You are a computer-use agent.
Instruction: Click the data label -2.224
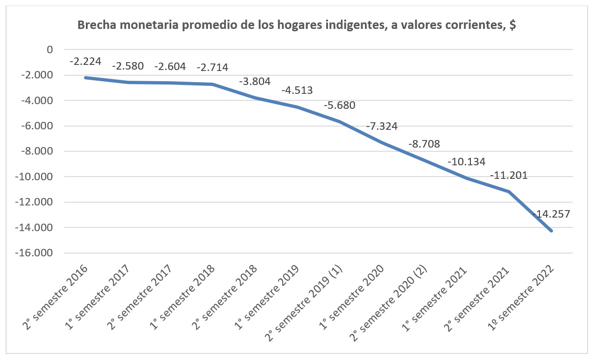(85, 61)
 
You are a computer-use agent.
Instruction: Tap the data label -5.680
(339, 105)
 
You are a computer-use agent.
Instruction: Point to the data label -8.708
(424, 144)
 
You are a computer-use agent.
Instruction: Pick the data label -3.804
(255, 81)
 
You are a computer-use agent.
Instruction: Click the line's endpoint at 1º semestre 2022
(552, 231)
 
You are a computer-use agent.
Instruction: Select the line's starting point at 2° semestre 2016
(85, 78)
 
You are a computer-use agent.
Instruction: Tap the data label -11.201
(509, 176)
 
